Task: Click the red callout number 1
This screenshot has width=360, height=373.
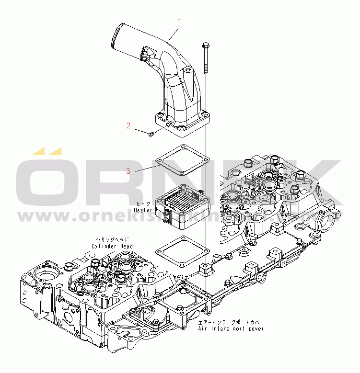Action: click(x=180, y=21)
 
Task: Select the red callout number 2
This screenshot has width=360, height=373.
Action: click(x=128, y=126)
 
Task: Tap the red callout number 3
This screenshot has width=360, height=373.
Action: click(x=128, y=171)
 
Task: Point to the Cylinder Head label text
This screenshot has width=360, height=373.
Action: click(x=112, y=246)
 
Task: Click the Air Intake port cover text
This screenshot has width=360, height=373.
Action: click(x=231, y=328)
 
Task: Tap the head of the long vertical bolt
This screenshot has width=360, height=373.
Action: click(x=206, y=45)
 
